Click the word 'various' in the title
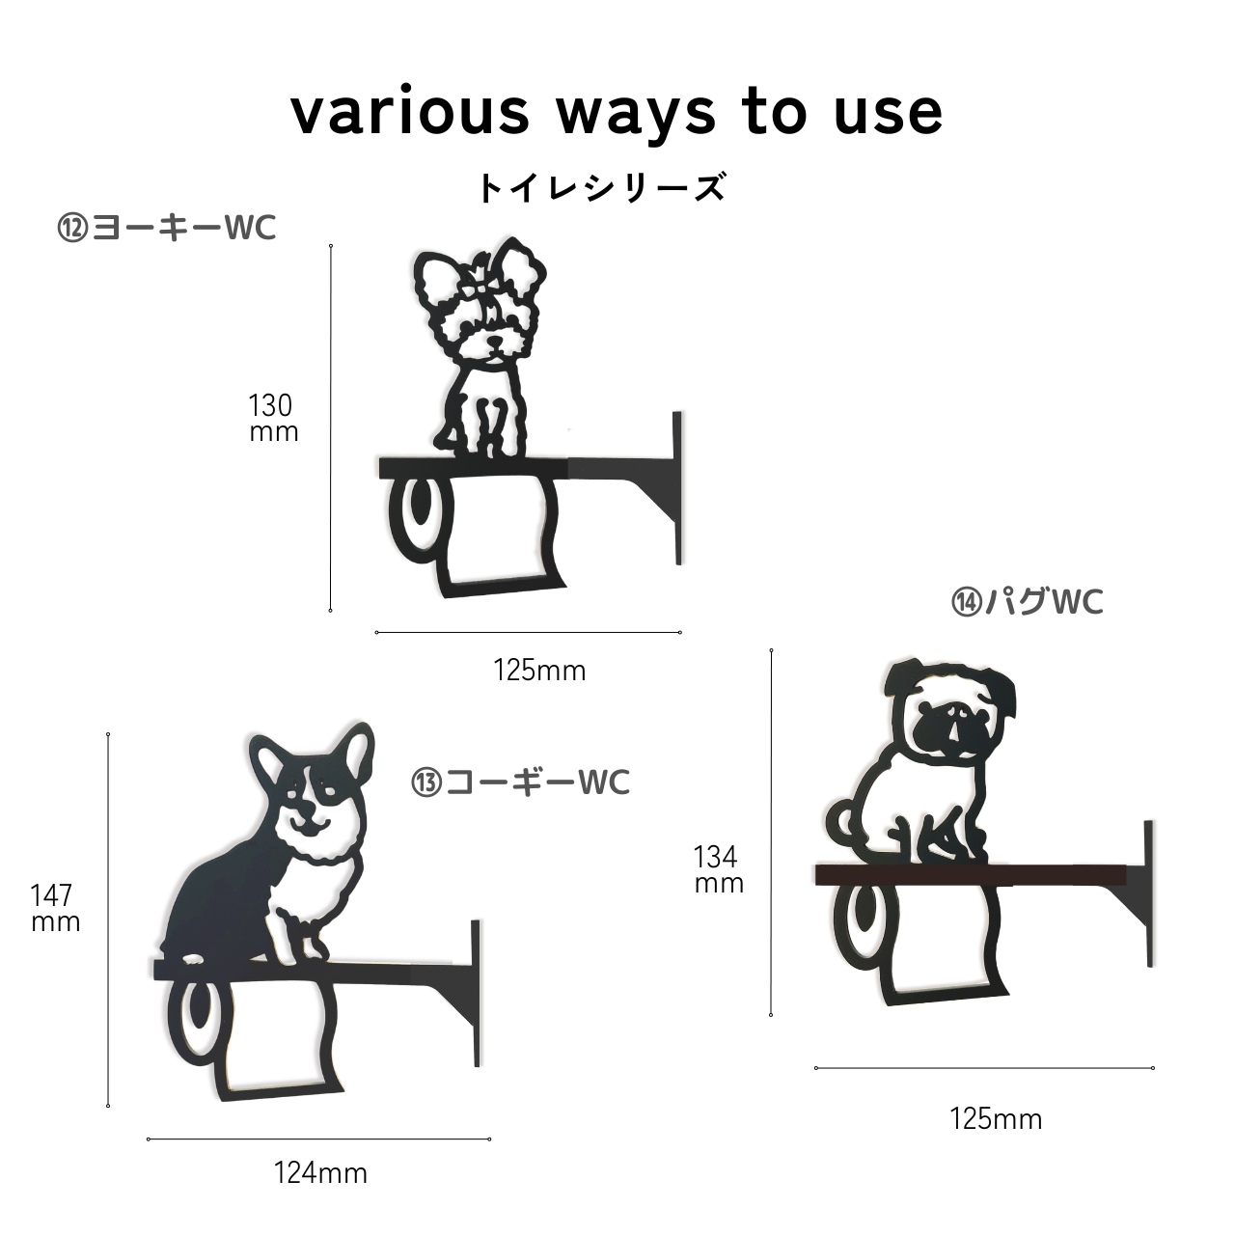[410, 114]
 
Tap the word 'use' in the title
[889, 114]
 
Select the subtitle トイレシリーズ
[602, 188]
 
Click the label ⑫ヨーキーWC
[167, 228]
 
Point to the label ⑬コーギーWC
[520, 782]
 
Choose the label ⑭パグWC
[1027, 602]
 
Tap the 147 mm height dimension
[56, 908]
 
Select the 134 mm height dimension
[719, 869]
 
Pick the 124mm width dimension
[320, 1173]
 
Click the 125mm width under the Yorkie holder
[539, 671]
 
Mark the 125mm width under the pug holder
[996, 1119]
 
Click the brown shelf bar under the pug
[971, 875]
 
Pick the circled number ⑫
[72, 228]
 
